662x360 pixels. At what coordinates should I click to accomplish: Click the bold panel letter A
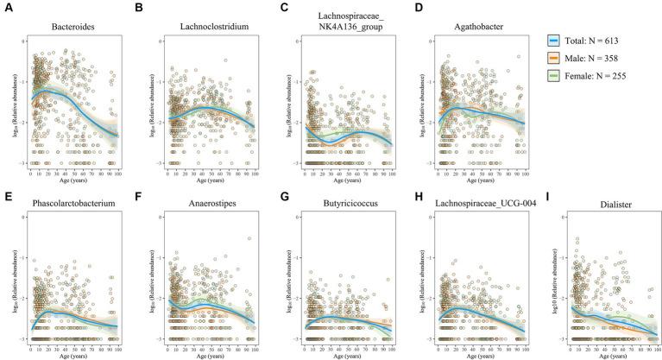[5, 7]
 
